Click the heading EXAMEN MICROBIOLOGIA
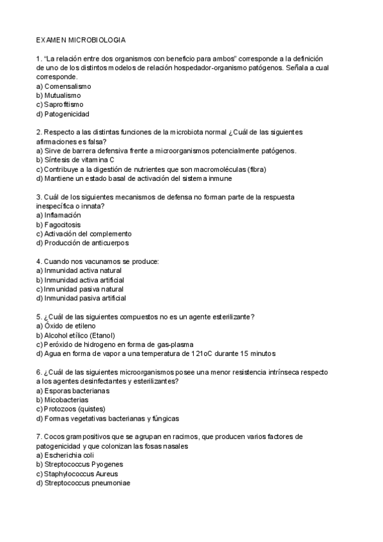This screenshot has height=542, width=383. point(81,40)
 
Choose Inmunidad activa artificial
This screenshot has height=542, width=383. point(80,280)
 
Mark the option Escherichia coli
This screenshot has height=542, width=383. point(70,455)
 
